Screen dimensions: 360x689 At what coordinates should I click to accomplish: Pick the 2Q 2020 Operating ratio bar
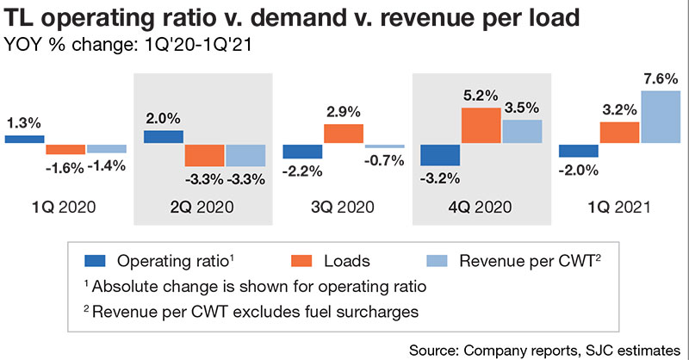(x=163, y=137)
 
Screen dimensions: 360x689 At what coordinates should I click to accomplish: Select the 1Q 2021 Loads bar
(x=619, y=133)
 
